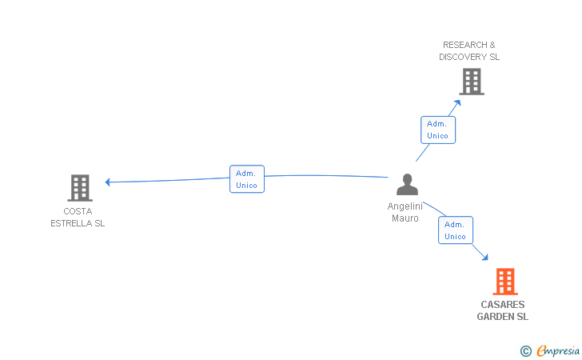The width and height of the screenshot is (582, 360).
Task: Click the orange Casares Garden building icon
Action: click(x=505, y=282)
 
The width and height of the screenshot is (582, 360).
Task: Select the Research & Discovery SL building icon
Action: click(x=472, y=82)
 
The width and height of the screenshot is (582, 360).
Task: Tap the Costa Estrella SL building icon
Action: click(x=80, y=188)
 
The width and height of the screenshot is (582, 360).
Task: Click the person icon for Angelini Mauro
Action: click(x=407, y=185)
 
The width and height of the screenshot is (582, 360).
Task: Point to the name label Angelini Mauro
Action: click(x=405, y=212)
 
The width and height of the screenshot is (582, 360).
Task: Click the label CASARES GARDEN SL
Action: click(x=503, y=310)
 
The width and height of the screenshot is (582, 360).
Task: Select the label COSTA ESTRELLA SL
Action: click(x=78, y=218)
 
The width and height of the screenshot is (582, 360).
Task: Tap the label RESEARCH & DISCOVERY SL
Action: click(x=469, y=51)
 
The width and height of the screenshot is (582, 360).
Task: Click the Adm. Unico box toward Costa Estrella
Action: click(x=246, y=179)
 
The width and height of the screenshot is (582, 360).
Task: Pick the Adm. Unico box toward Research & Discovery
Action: click(x=437, y=130)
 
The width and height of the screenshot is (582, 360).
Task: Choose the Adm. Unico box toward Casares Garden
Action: click(x=455, y=230)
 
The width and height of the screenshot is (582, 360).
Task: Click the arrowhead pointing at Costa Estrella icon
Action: click(x=108, y=182)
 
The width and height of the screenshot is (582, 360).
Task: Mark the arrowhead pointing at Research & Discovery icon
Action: click(x=458, y=102)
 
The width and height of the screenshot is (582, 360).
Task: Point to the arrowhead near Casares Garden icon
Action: click(x=484, y=257)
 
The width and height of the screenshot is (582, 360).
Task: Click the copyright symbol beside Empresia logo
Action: click(x=526, y=350)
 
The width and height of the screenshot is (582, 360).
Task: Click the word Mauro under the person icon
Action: click(x=405, y=218)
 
